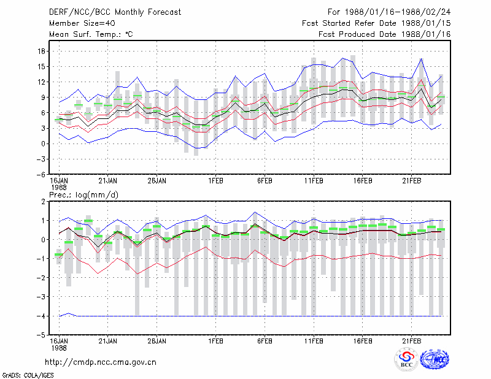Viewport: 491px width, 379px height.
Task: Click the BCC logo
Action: click(x=406, y=359)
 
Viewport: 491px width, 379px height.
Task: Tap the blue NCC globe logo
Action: click(x=435, y=359)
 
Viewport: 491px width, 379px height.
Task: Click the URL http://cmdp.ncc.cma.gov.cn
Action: click(x=101, y=362)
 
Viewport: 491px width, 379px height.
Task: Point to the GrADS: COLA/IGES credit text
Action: click(x=28, y=375)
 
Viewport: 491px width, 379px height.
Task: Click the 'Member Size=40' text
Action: click(x=82, y=23)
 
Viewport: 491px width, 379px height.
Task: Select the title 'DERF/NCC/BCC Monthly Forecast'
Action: click(x=115, y=12)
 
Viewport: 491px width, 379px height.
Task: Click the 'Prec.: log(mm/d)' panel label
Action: click(x=83, y=195)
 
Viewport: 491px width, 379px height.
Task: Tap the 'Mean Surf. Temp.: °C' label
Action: click(x=91, y=34)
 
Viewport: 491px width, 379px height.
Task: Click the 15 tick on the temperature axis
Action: click(x=42, y=66)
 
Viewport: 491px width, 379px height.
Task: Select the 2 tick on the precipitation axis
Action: click(x=43, y=202)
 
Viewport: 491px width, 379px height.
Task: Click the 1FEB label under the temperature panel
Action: click(x=216, y=180)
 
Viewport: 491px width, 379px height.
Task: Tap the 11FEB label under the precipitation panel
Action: click(x=314, y=341)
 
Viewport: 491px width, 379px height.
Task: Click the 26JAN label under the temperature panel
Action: click(x=157, y=180)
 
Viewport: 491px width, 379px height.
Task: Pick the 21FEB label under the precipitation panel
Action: click(x=411, y=341)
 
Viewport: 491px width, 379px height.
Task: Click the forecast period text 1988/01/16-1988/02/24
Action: click(x=398, y=12)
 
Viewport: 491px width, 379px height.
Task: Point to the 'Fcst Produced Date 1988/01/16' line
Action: click(x=385, y=34)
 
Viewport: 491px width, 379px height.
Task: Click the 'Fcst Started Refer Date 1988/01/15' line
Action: click(x=376, y=23)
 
